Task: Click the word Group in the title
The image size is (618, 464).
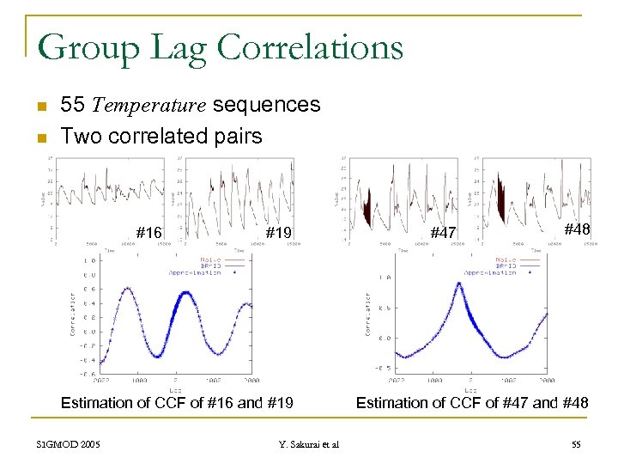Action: (x=83, y=46)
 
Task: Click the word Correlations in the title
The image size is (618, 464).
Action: (x=310, y=46)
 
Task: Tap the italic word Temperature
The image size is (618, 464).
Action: (x=148, y=106)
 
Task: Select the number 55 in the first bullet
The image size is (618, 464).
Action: (x=73, y=106)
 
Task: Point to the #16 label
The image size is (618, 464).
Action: (x=149, y=232)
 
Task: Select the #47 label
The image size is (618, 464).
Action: (x=443, y=233)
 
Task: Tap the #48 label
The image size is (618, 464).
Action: (x=577, y=229)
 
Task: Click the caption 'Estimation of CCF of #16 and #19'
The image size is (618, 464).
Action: (x=177, y=402)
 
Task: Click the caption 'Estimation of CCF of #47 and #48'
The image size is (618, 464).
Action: (x=472, y=402)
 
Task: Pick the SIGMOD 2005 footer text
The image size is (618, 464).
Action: (x=69, y=444)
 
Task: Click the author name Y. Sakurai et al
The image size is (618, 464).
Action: (x=309, y=444)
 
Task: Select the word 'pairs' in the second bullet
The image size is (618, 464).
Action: (x=239, y=137)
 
